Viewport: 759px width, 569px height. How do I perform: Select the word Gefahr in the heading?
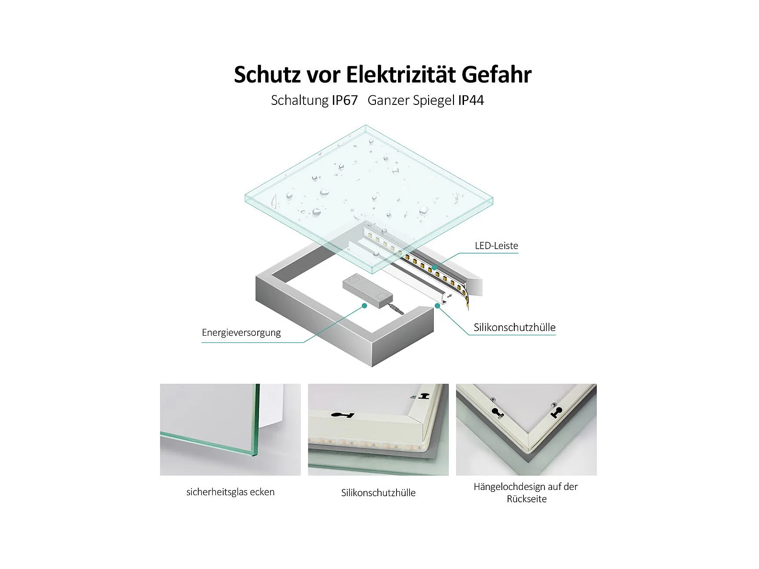coord(497,74)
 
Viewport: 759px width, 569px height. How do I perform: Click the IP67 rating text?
coord(344,100)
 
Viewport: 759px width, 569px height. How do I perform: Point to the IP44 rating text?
coord(471,100)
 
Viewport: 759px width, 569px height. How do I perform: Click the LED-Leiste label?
coord(496,246)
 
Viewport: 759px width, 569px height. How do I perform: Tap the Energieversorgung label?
coord(241,332)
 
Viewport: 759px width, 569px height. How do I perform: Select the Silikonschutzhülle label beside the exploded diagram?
coord(514,327)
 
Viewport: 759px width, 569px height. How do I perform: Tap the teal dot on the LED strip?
coord(434,268)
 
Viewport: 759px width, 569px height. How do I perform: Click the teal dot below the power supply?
coord(364,306)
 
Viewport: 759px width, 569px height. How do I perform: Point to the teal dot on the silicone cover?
coord(437,306)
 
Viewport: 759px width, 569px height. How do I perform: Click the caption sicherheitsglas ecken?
coord(230,492)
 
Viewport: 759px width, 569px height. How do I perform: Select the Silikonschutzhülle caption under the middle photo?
coord(378,493)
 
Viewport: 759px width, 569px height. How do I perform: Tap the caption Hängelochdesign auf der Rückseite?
coord(526,492)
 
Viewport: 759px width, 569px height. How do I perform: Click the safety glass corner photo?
coord(230,430)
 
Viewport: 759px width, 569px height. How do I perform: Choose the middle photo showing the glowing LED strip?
coord(378,430)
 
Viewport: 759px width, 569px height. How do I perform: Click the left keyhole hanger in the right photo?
coord(498,413)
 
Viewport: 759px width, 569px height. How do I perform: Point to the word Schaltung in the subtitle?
coord(299,101)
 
